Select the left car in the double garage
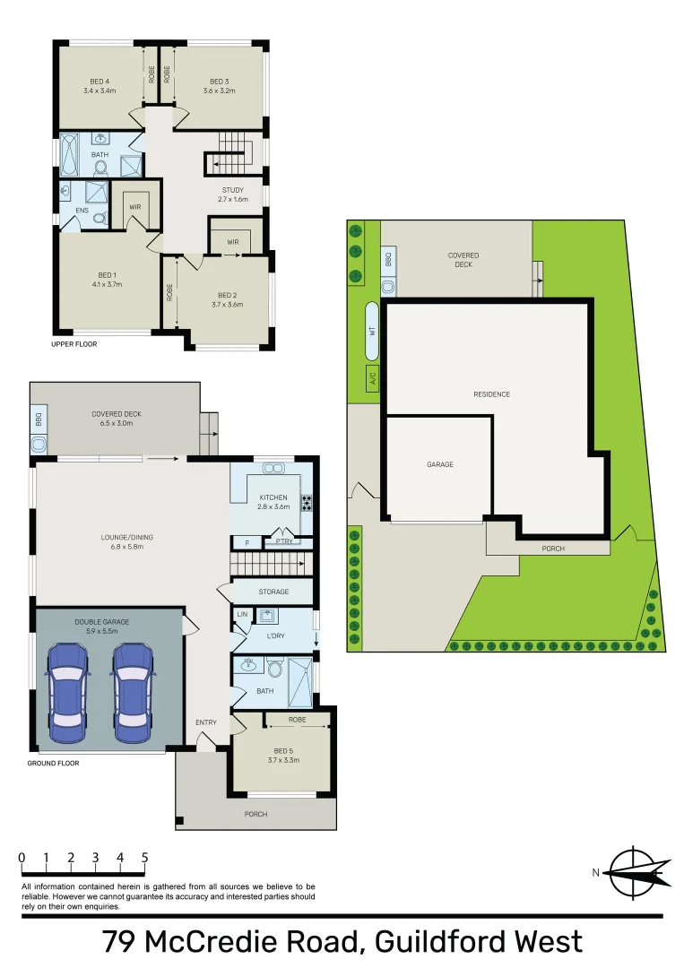[67, 693]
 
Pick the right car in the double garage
[133, 693]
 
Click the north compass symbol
[636, 872]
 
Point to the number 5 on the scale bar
[144, 858]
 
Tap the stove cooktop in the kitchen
[307, 503]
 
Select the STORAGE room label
[273, 592]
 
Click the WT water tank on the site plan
[372, 331]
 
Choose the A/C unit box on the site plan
[373, 377]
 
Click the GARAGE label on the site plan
[440, 464]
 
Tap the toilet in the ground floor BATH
[276, 669]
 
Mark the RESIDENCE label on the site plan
[492, 393]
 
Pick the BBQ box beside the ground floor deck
[39, 420]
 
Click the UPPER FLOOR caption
[74, 344]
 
